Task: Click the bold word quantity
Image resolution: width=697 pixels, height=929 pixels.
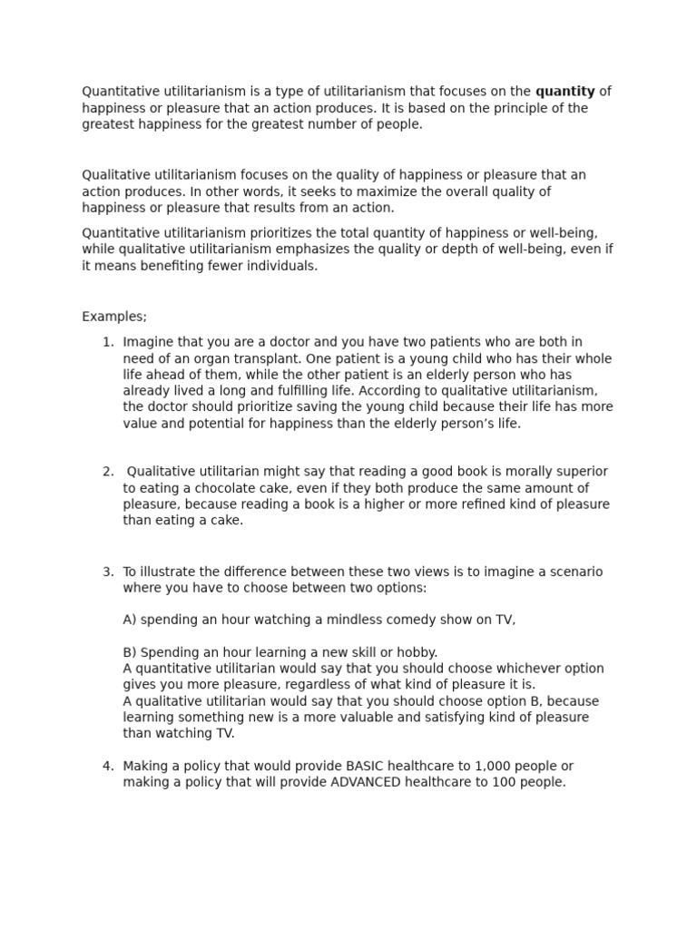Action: click(564, 92)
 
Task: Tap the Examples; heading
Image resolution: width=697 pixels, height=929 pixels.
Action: click(114, 317)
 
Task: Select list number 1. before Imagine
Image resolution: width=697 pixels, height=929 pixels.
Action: click(108, 342)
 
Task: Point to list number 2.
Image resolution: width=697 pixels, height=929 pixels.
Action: click(108, 472)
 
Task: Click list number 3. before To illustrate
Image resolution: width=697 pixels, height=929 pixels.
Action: click(108, 572)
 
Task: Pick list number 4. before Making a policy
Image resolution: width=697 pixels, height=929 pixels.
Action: click(108, 766)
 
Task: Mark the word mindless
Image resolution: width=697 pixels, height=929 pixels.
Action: click(324, 620)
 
